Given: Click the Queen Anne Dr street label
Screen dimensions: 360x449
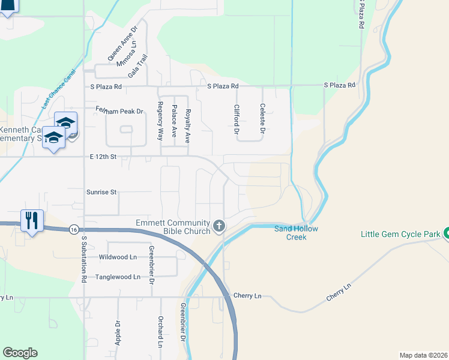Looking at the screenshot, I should [122, 43].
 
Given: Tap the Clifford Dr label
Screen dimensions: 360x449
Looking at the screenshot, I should [237, 119].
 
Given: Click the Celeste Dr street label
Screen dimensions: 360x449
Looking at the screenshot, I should [262, 118].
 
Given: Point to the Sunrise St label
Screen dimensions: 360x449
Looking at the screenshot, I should [101, 193].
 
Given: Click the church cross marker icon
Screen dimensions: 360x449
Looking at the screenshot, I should [219, 226].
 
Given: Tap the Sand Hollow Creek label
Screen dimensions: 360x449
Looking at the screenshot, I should [297, 233].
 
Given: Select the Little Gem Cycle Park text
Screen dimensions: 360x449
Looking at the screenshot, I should [399, 234].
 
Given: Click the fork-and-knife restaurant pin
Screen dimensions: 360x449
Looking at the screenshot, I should [31, 220].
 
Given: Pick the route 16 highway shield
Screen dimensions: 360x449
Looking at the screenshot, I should [73, 229].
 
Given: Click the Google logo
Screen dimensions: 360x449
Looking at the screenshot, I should [20, 353].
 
